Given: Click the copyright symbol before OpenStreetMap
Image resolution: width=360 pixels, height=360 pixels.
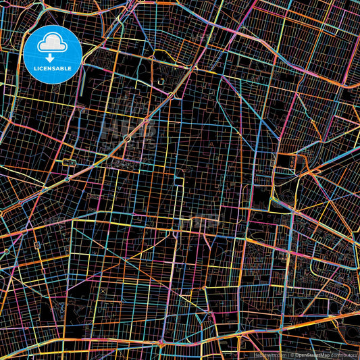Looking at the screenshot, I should pyautogui.click(x=292, y=354).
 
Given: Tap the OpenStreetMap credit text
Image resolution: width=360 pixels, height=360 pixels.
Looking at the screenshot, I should pyautogui.click(x=312, y=354).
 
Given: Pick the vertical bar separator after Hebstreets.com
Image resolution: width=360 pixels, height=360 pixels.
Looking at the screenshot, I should pyautogui.click(x=287, y=354).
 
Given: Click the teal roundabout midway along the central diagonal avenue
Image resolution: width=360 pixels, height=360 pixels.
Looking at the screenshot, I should pyautogui.click(x=128, y=138).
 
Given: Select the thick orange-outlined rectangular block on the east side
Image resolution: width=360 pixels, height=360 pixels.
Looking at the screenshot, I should pyautogui.click(x=284, y=161).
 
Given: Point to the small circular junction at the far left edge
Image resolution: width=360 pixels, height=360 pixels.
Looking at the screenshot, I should pyautogui.click(x=6, y=251).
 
